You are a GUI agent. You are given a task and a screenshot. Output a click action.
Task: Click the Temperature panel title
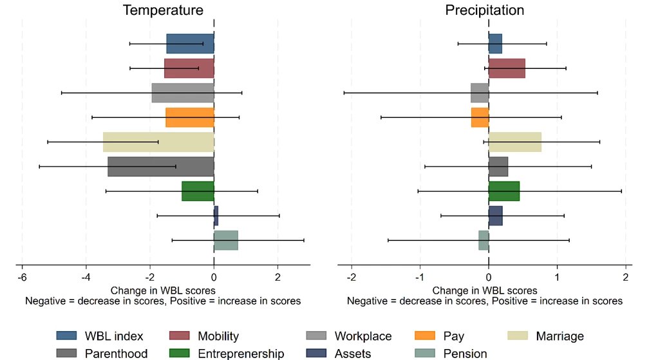click(x=163, y=10)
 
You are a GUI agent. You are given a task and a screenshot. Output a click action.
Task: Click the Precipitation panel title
click(x=484, y=10)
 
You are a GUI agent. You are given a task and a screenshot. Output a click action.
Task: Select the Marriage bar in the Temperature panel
click(x=158, y=142)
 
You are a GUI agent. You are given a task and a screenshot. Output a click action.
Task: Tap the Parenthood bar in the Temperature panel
click(x=161, y=167)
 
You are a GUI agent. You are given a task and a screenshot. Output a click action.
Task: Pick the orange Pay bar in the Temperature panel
click(x=190, y=117)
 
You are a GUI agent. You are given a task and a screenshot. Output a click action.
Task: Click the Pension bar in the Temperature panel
click(x=226, y=240)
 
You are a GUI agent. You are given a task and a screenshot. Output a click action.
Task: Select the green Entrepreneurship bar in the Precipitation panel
click(x=504, y=191)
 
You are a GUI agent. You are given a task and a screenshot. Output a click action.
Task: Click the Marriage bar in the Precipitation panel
click(x=515, y=142)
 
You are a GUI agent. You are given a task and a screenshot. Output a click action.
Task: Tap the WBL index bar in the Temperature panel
click(x=190, y=44)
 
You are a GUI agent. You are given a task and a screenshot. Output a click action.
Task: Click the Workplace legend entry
click(x=362, y=336)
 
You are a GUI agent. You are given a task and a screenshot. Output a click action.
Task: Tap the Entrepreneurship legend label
click(x=241, y=353)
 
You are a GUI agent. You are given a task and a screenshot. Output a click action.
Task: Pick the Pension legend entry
click(x=464, y=353)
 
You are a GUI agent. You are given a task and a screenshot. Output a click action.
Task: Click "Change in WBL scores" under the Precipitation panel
click(x=484, y=291)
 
